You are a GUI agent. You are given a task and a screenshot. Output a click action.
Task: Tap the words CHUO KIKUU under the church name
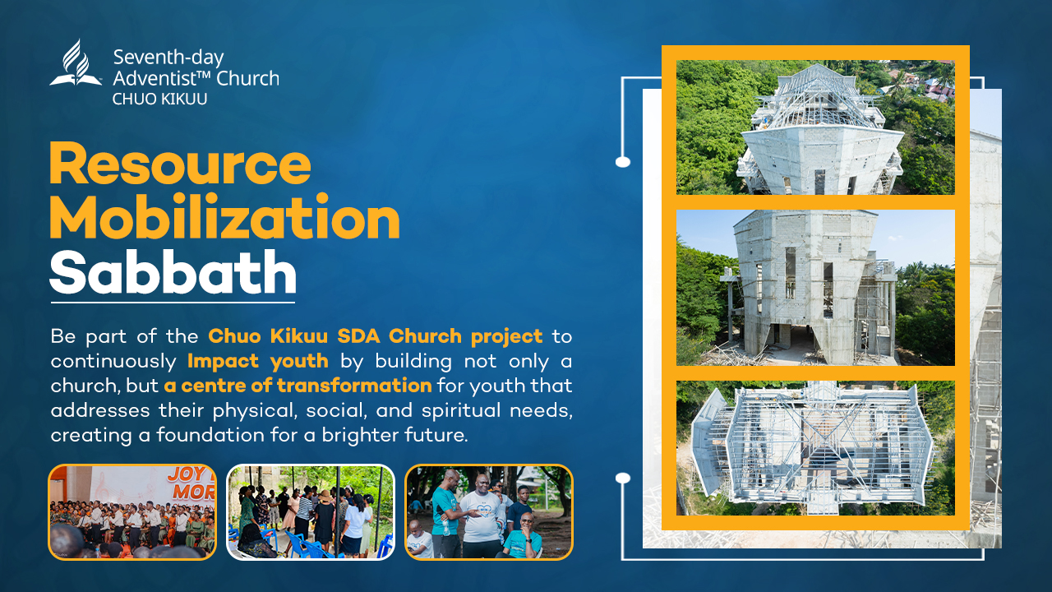159,99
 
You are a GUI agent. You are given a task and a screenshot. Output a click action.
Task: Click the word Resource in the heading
180,163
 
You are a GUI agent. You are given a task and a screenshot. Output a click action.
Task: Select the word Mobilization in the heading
224,217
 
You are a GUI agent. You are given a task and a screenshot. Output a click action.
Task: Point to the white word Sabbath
173,271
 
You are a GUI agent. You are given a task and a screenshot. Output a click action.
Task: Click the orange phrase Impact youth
258,361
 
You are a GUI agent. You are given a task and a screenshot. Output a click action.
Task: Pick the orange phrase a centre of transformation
298,386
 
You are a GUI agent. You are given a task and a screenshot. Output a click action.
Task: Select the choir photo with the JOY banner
132,511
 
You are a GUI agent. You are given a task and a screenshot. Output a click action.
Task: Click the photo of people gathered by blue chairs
311,511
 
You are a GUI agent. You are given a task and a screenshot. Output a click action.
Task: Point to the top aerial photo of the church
815,127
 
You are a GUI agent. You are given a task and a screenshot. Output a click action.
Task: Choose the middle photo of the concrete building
815,288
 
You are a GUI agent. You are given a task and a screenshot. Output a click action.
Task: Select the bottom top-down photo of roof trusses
815,448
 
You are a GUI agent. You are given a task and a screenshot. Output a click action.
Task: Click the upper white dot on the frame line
623,162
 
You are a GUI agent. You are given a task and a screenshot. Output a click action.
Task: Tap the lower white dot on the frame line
623,478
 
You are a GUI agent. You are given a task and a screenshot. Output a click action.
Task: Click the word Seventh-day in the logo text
168,58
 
